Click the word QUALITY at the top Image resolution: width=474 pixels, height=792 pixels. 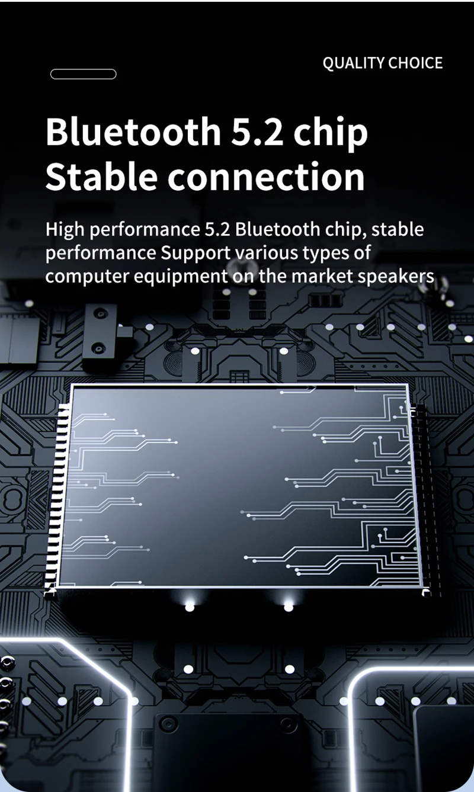pos(353,63)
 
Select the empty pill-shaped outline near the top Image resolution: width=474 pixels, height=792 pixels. pos(83,74)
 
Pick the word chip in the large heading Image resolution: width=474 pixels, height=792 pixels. pos(332,133)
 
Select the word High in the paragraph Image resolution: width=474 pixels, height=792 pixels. pos(65,230)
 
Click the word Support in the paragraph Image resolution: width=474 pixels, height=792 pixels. pos(196,254)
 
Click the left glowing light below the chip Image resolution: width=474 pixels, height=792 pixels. pos(189,607)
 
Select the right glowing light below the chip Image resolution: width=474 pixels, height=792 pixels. pos(289,607)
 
